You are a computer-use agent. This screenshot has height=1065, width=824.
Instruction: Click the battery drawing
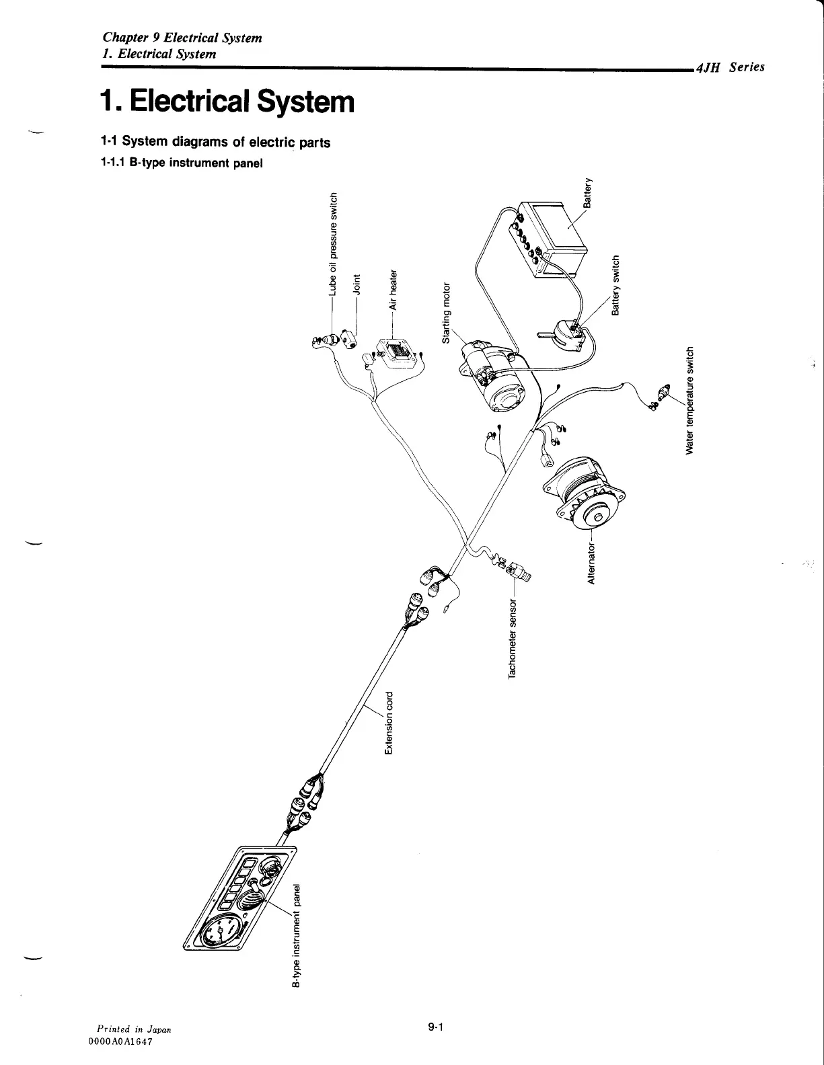(555, 240)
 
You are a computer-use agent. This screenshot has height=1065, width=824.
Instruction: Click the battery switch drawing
(567, 334)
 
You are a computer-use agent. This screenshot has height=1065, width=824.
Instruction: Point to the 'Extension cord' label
(389, 723)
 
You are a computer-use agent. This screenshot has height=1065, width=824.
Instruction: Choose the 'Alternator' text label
(592, 562)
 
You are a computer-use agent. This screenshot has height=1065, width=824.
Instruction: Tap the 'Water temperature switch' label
(689, 399)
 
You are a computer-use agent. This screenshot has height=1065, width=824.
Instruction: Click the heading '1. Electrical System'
(226, 102)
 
